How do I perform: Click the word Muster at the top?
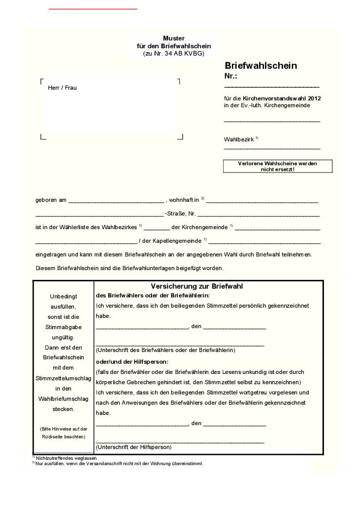[x=174, y=38]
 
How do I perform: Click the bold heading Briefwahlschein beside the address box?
[x=261, y=66]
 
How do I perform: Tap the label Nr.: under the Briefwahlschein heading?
[x=230, y=76]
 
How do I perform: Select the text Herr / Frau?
[x=62, y=88]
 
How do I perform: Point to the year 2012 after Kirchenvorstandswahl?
[x=314, y=98]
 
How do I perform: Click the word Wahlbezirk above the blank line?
[x=239, y=139]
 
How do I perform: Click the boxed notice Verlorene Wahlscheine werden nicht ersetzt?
[x=277, y=166]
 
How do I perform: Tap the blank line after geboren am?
[x=116, y=201]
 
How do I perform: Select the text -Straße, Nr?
[x=180, y=214]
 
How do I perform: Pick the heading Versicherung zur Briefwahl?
[x=197, y=286]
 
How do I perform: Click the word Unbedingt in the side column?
[x=63, y=296]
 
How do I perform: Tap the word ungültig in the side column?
[x=63, y=337]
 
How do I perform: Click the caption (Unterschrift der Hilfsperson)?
[x=133, y=447]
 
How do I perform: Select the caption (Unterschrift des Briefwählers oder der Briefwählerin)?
[x=166, y=350]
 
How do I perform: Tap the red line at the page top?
[x=93, y=9]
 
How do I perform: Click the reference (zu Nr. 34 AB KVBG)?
[x=174, y=53]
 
